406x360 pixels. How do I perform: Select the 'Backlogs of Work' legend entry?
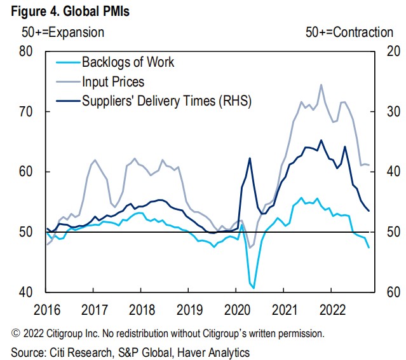(x=128, y=62)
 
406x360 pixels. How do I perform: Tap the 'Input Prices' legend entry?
(x=113, y=81)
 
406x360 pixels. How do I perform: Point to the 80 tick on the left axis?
(x=25, y=52)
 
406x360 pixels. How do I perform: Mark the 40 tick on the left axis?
(x=25, y=293)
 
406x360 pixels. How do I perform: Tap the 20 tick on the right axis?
(x=387, y=52)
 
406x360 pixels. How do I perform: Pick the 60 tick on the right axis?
(x=387, y=293)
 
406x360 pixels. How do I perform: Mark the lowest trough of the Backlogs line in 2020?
(x=254, y=288)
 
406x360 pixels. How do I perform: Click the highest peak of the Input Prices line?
(x=321, y=85)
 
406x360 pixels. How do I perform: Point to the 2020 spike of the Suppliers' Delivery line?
(x=249, y=158)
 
